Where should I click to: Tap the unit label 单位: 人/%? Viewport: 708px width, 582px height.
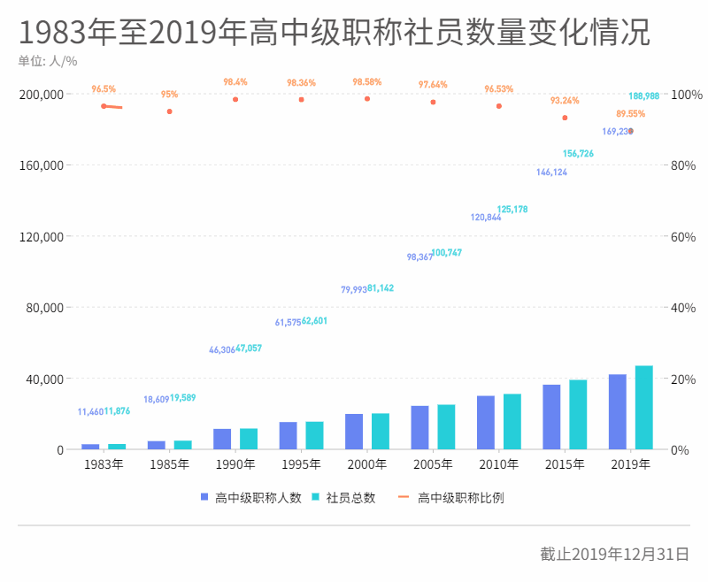click(48, 61)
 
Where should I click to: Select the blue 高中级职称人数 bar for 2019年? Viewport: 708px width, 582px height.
click(617, 412)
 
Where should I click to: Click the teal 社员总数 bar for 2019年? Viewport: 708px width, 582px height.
click(643, 408)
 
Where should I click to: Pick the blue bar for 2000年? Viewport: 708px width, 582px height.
click(354, 432)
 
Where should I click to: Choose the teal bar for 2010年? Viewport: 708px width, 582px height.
click(512, 422)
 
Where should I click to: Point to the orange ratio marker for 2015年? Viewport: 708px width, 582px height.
click(565, 118)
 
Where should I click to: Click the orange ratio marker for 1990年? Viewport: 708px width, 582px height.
click(235, 99)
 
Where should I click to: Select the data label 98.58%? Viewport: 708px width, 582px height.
click(366, 81)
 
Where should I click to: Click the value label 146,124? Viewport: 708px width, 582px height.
click(551, 172)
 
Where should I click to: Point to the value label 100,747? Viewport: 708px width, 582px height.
click(446, 253)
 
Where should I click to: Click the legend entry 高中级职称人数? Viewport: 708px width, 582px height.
click(251, 498)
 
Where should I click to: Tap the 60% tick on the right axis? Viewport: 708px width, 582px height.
click(684, 236)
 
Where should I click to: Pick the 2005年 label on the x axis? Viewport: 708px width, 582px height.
click(433, 464)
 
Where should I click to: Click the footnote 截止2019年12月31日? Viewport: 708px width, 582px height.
click(614, 555)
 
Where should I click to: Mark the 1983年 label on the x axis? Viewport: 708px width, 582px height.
click(104, 464)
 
